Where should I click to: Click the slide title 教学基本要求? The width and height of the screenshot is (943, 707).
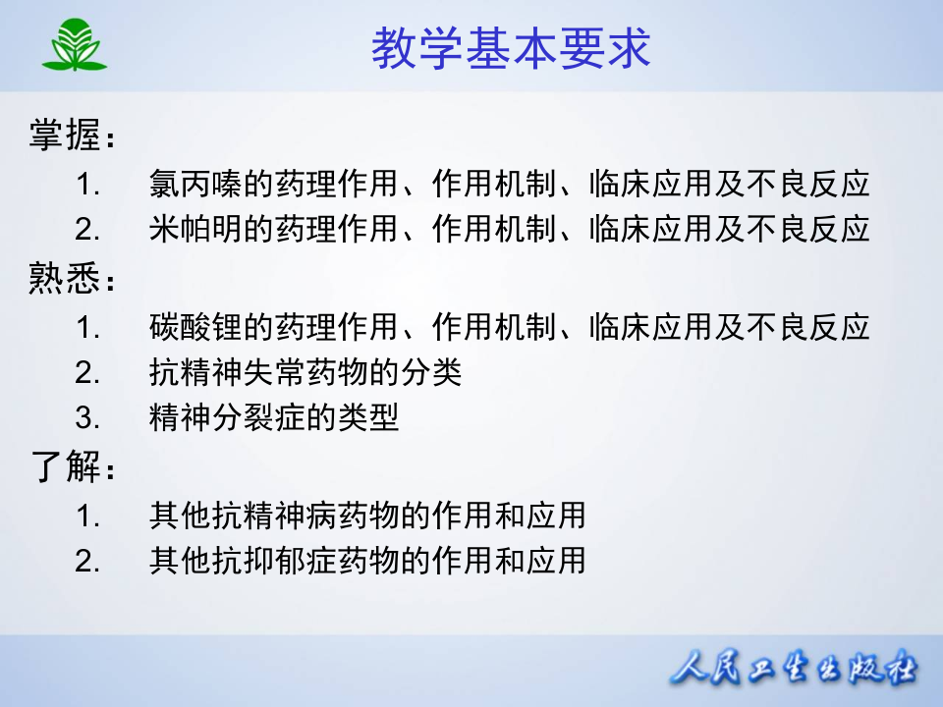[x=511, y=47]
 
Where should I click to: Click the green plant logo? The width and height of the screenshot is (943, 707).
[x=74, y=46]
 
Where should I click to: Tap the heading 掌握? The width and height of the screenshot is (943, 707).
[x=65, y=136]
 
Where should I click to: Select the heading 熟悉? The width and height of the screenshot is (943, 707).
[x=65, y=282]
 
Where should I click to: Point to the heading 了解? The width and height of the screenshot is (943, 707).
[x=65, y=468]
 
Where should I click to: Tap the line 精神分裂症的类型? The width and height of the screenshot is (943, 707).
[x=274, y=419]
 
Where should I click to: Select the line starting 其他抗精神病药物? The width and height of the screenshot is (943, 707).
[x=367, y=515]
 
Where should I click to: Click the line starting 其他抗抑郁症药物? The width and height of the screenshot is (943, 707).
[x=367, y=561]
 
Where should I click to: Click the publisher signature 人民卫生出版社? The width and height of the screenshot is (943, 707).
[x=794, y=672]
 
